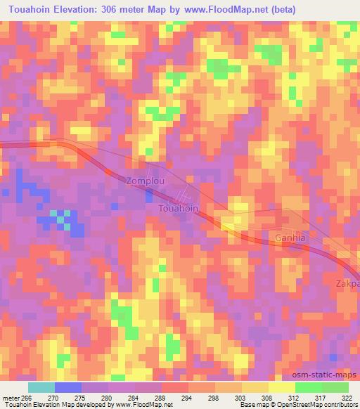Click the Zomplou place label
[x=146, y=181]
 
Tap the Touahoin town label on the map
[x=178, y=209]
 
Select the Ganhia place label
[x=290, y=238]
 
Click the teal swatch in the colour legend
[x=41, y=387]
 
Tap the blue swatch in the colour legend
[x=67, y=387]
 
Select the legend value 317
[x=321, y=398]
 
